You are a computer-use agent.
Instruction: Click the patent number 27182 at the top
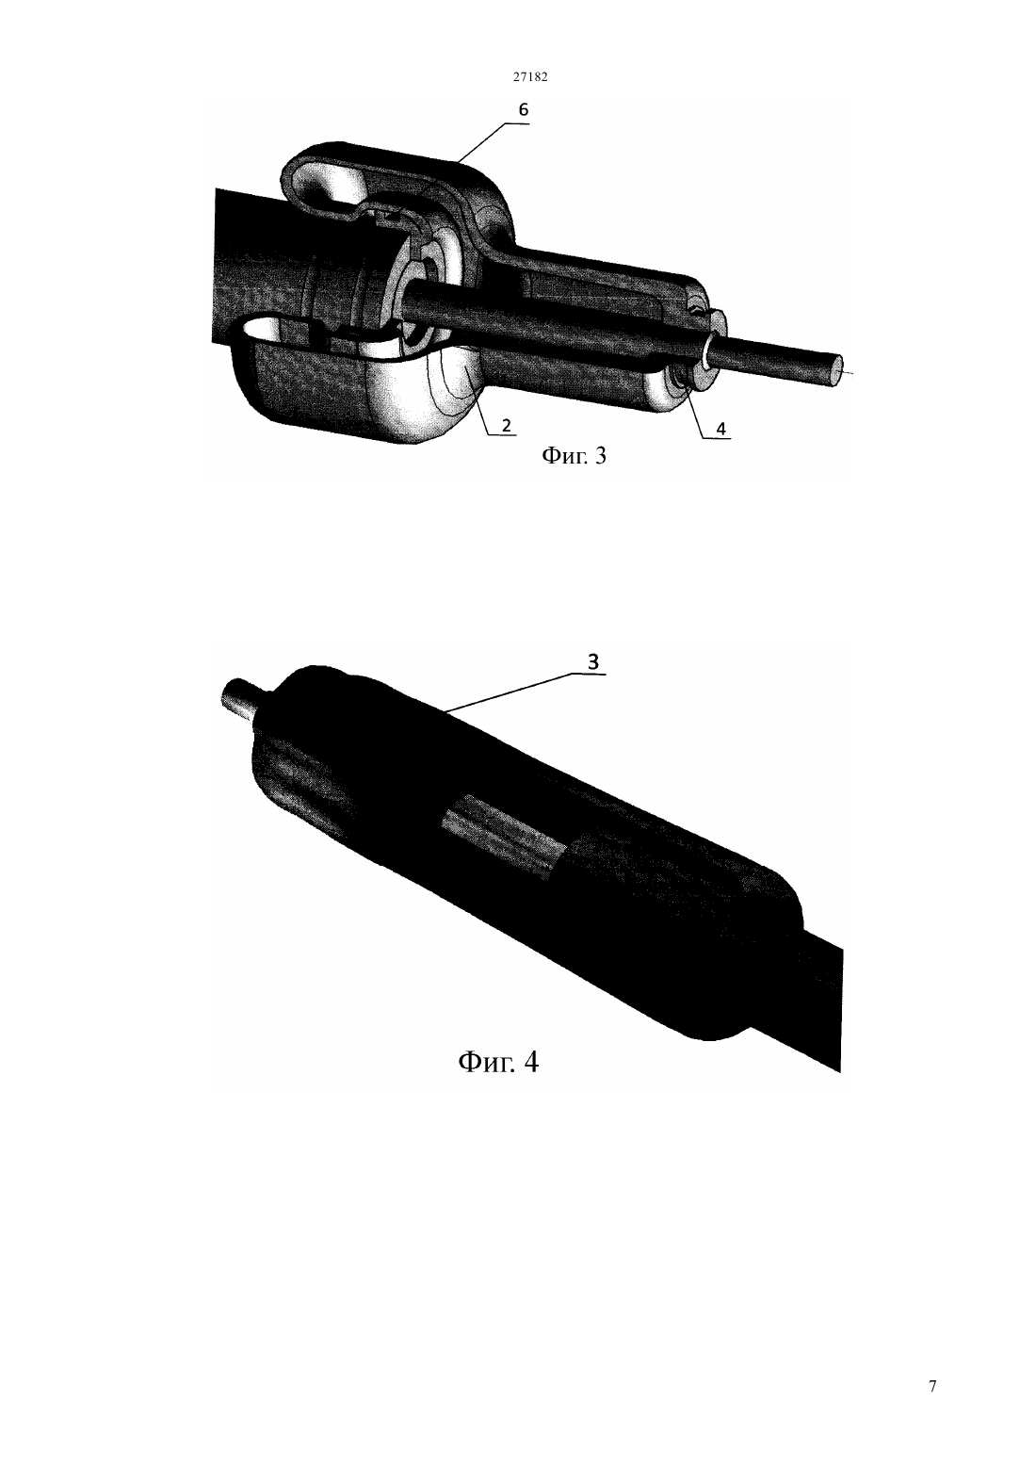click(529, 76)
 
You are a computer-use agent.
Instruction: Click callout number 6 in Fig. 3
click(524, 110)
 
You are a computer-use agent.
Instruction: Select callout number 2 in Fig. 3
click(507, 425)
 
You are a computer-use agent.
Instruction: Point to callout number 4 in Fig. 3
click(720, 429)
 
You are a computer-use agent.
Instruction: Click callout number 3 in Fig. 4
click(593, 662)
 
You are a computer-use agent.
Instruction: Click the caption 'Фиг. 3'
click(574, 455)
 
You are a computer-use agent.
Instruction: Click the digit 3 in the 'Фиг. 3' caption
click(600, 455)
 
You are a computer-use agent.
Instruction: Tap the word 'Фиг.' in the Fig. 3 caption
click(562, 455)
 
